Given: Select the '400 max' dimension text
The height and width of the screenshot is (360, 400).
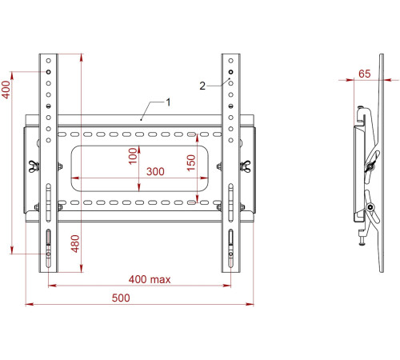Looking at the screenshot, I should (x=150, y=279).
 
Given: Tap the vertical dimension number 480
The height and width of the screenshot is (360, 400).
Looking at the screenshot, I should (x=74, y=245).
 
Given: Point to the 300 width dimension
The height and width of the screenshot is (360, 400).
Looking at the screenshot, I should (x=155, y=172).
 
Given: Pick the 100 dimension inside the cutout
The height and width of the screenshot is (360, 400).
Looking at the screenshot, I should (x=132, y=157).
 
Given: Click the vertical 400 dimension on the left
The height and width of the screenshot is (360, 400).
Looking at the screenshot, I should (x=6, y=89).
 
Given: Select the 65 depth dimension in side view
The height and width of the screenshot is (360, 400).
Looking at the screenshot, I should (x=364, y=73).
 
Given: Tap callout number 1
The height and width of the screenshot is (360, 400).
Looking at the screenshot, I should (x=168, y=102).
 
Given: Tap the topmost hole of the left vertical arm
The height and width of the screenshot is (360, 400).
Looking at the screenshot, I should (x=49, y=62).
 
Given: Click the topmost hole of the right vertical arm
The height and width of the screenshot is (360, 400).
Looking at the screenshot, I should (x=230, y=62).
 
